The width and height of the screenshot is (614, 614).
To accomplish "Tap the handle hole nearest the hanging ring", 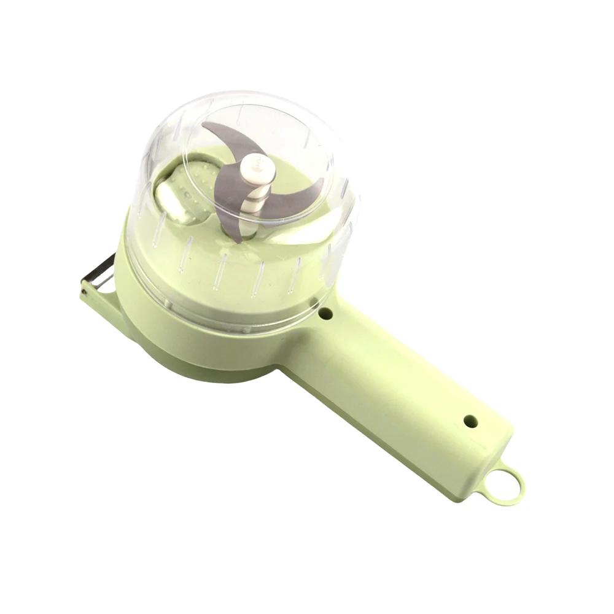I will [x=470, y=421].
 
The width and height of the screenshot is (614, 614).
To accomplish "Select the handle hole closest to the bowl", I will [x=325, y=314].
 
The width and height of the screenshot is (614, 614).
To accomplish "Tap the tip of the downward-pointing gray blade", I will [x=230, y=233].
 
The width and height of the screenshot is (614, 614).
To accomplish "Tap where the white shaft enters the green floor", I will [x=249, y=232].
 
